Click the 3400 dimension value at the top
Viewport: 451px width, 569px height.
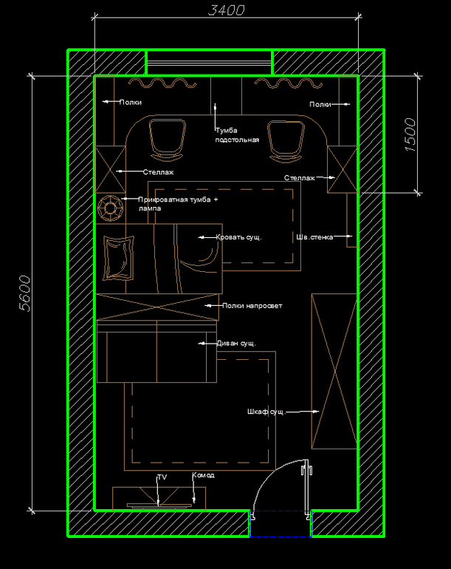226,10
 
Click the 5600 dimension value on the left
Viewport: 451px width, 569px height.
24,293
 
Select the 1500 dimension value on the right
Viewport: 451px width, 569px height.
410,134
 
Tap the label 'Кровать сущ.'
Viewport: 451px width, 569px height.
238,237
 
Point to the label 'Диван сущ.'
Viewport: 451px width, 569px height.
236,344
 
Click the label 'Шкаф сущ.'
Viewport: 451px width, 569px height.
266,412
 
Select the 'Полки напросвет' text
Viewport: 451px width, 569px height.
252,305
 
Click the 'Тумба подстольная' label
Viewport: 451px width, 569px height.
237,135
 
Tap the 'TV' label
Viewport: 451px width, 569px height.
162,477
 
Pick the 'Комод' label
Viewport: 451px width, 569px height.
203,475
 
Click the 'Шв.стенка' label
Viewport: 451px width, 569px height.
314,237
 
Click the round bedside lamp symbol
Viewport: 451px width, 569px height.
110,208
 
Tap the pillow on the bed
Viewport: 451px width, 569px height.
118,258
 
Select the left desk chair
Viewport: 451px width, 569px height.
167,140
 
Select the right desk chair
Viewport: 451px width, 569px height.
286,140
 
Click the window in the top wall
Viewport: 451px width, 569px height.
209,62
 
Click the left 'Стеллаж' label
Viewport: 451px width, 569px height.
158,172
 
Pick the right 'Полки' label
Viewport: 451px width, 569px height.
320,104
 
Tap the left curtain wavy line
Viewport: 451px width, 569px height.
162,84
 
